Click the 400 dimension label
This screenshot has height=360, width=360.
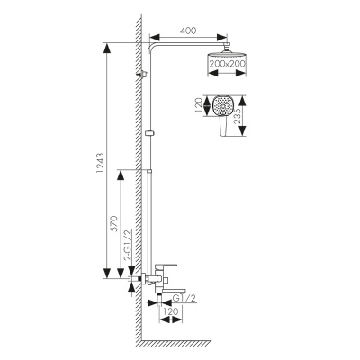[x=188, y=31]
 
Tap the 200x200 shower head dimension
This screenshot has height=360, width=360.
[x=228, y=64]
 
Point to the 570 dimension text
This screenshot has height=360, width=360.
[x=114, y=223]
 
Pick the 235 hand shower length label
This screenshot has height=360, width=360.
[x=237, y=115]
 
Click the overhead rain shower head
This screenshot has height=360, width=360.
[x=227, y=55]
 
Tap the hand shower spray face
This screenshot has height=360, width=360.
[x=222, y=105]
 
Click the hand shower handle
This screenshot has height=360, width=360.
[x=222, y=126]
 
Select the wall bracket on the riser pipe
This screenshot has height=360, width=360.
[x=143, y=74]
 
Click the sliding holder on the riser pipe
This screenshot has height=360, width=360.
[x=149, y=133]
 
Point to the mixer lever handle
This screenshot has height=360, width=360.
[x=166, y=266]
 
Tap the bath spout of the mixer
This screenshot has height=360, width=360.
[x=171, y=291]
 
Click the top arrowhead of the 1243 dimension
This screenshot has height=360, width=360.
[x=107, y=48]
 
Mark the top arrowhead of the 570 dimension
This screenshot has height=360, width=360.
[x=121, y=175]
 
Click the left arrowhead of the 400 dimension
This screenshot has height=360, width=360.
[x=154, y=37]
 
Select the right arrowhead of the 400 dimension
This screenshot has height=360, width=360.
[x=222, y=37]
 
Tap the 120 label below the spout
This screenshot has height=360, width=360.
[x=171, y=311]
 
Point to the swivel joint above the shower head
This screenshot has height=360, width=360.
[x=227, y=47]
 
